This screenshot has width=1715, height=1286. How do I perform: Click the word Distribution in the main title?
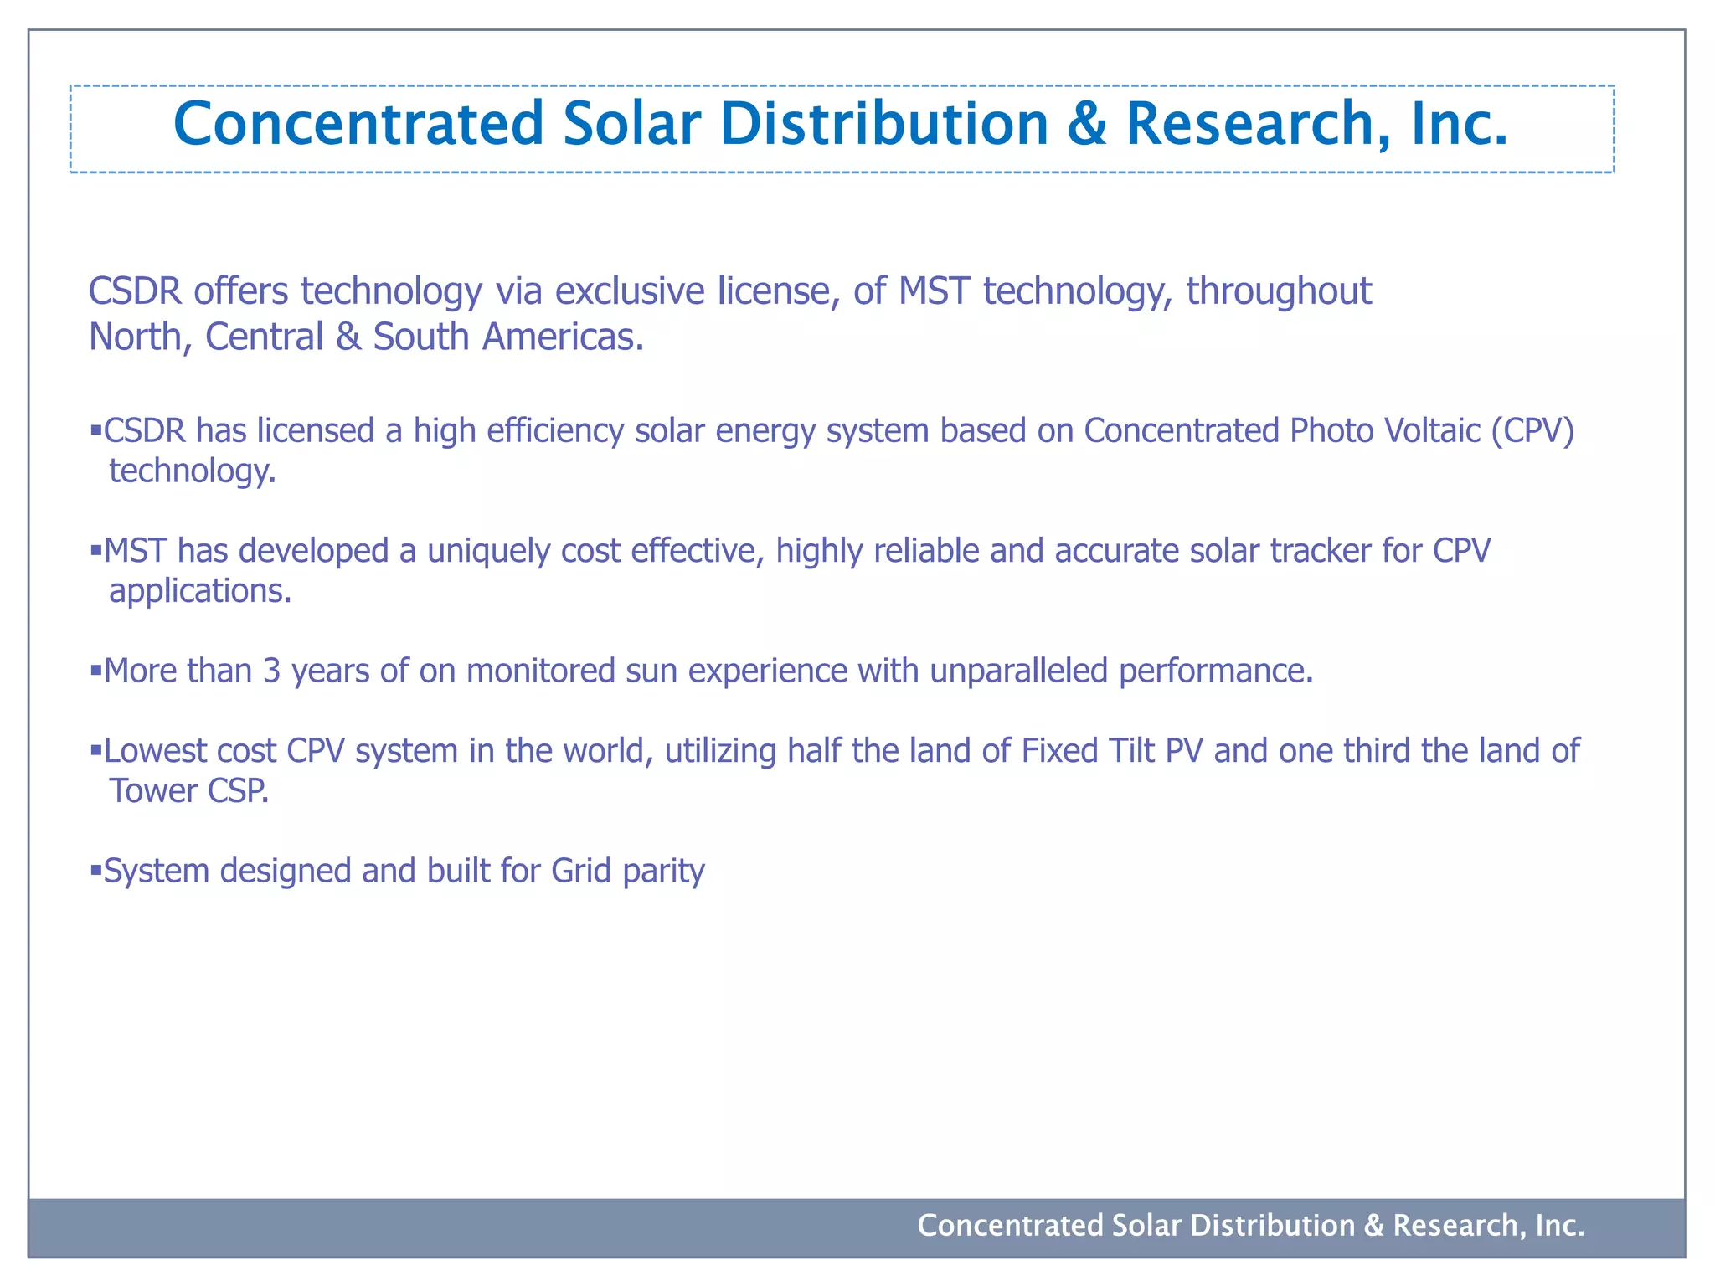[883, 124]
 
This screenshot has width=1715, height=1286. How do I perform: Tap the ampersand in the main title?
[1087, 124]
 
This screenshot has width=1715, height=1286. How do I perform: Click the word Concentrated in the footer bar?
[1010, 1225]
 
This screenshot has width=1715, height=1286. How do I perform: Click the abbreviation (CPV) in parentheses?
[1532, 430]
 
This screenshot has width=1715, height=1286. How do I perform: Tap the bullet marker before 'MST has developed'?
[95, 550]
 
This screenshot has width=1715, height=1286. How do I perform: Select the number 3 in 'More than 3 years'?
[271, 671]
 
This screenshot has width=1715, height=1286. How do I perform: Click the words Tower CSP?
[189, 790]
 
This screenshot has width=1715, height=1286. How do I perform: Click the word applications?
[200, 591]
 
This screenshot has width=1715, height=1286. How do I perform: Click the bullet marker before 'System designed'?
[95, 871]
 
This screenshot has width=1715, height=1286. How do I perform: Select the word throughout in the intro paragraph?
[1279, 291]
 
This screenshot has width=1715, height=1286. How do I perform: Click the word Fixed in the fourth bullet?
[1059, 750]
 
